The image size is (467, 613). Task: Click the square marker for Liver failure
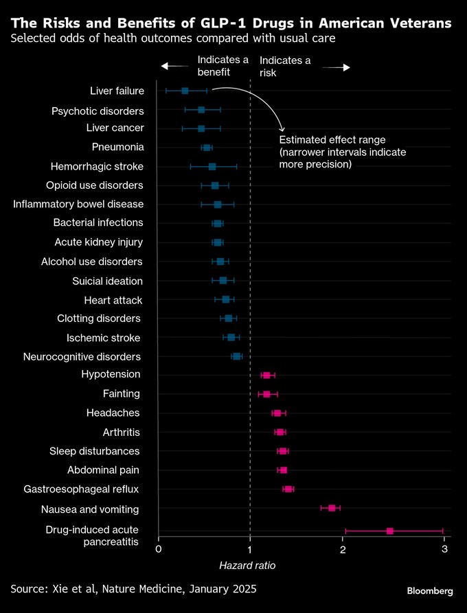pyautogui.click(x=185, y=91)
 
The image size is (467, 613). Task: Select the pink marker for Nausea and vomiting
pyautogui.click(x=332, y=508)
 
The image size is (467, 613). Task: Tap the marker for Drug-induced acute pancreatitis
pyautogui.click(x=390, y=531)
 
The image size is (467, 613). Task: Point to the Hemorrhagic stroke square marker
pyautogui.click(x=212, y=166)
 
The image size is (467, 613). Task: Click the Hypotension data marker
pyautogui.click(x=266, y=375)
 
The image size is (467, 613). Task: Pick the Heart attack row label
pyautogui.click(x=113, y=300)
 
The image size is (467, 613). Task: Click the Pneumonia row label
pyautogui.click(x=117, y=147)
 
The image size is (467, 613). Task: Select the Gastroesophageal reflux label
pyautogui.click(x=82, y=489)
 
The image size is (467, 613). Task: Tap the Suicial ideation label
pyautogui.click(x=107, y=281)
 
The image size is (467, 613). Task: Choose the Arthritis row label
pyautogui.click(x=121, y=432)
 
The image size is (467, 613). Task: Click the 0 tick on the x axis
pyautogui.click(x=159, y=549)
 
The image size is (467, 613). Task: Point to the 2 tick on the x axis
pyautogui.click(x=342, y=549)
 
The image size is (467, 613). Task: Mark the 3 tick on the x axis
pyautogui.click(x=444, y=549)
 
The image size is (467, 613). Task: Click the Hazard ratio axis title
pyautogui.click(x=247, y=565)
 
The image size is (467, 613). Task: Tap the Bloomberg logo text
pyautogui.click(x=430, y=590)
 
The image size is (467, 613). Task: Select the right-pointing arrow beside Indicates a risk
pyautogui.click(x=337, y=67)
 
